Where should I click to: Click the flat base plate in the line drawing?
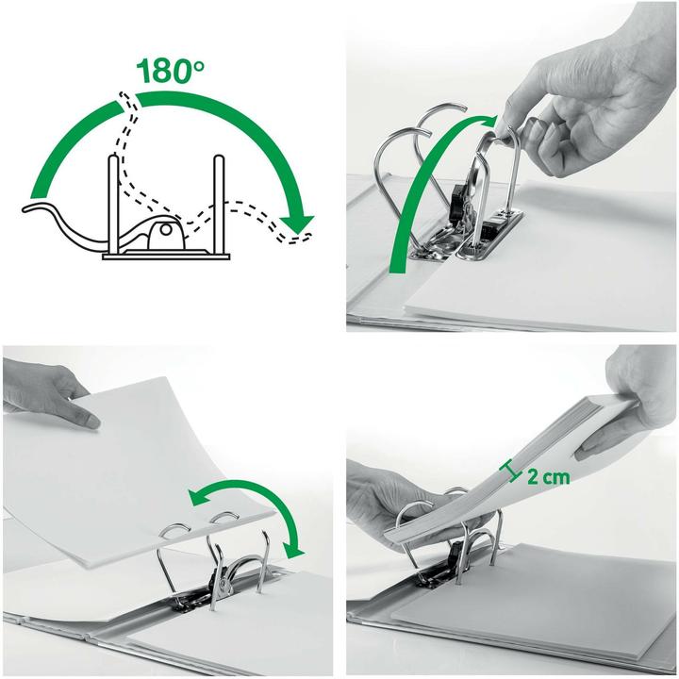166,254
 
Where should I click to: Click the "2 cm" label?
548,477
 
